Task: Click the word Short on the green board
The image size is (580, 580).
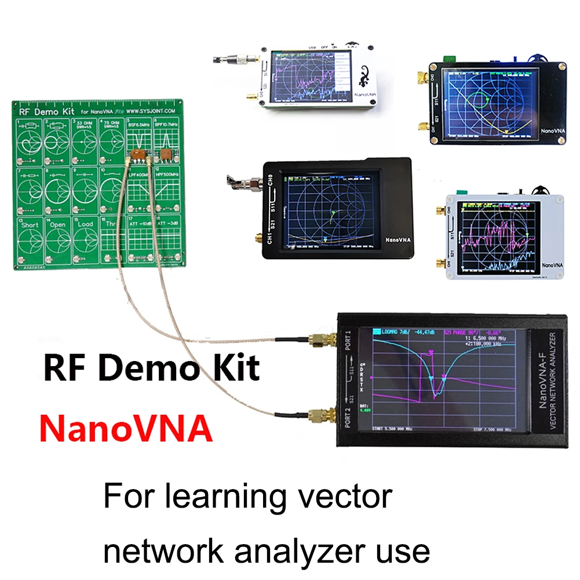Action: coord(30,224)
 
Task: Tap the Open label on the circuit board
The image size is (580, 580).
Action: coord(57,224)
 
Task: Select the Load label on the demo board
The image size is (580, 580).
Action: coord(85,224)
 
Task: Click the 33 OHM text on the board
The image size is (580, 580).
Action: coord(86,123)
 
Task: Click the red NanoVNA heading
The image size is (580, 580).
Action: coord(126,429)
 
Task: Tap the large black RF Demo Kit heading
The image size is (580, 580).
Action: coord(151,369)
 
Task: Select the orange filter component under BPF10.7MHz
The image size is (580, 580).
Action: coord(166,154)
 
